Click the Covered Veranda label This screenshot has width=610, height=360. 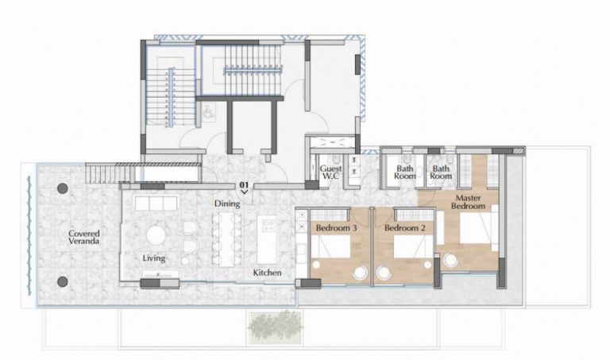[83, 237]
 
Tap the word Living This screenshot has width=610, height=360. [153, 258]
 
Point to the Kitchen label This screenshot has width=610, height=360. [267, 273]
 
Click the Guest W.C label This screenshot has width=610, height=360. [330, 173]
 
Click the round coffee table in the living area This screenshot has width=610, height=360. [156, 235]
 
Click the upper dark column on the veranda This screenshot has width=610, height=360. [62, 190]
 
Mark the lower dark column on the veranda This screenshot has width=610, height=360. [62, 281]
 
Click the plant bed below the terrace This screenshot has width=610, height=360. [274, 325]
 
